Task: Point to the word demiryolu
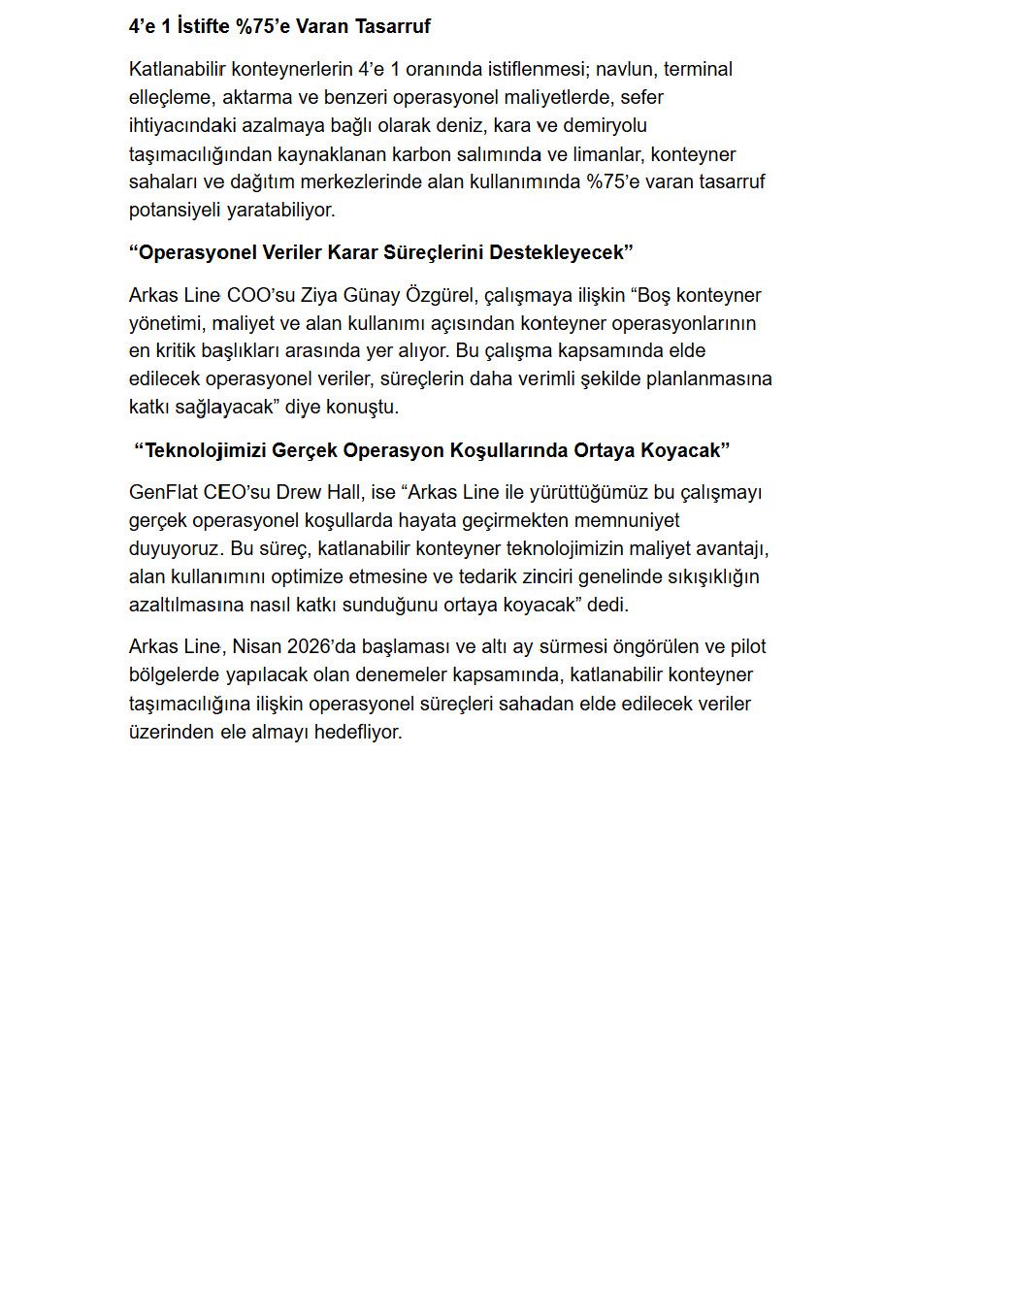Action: click(x=607, y=125)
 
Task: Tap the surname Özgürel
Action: click(x=440, y=295)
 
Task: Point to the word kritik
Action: click(x=173, y=350)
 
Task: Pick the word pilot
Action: click(x=747, y=646)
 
